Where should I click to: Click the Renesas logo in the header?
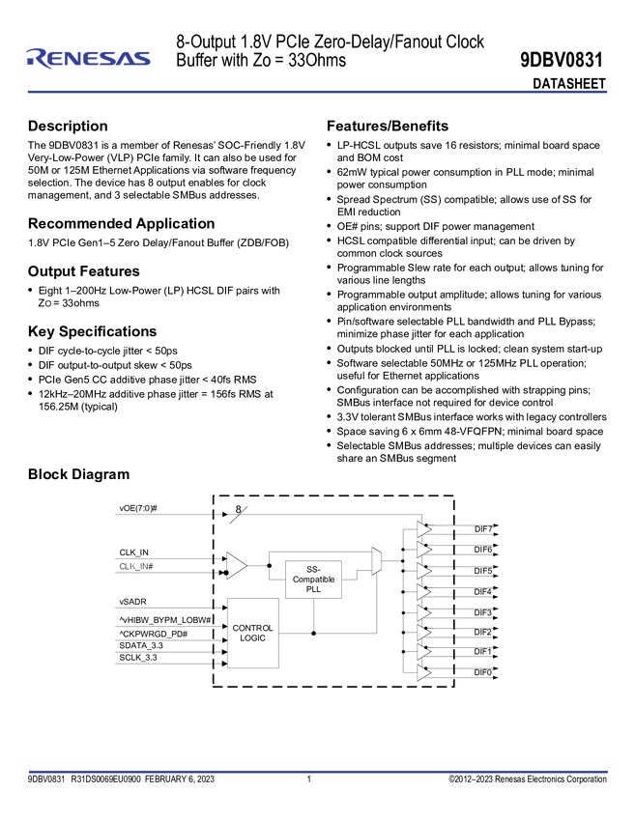[88, 58]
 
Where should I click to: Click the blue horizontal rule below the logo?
[317, 93]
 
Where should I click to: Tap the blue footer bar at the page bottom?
[317, 772]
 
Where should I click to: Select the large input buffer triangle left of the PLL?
[235, 566]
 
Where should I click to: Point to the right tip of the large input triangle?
[247, 566]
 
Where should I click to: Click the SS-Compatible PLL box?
[313, 580]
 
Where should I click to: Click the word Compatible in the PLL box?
[313, 580]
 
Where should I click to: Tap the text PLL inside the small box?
[313, 589]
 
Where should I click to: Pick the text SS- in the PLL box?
[313, 570]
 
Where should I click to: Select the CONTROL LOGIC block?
[253, 633]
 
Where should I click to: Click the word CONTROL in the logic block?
[253, 628]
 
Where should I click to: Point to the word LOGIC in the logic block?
[253, 638]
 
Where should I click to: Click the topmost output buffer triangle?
[422, 528]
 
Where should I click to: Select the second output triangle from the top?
[422, 550]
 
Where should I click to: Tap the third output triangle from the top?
[422, 570]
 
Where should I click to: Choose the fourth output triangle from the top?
[422, 590]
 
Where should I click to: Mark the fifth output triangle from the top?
[422, 611]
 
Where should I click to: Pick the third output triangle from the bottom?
[422, 632]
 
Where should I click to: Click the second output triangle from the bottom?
[422, 652]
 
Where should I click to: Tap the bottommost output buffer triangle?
[422, 672]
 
